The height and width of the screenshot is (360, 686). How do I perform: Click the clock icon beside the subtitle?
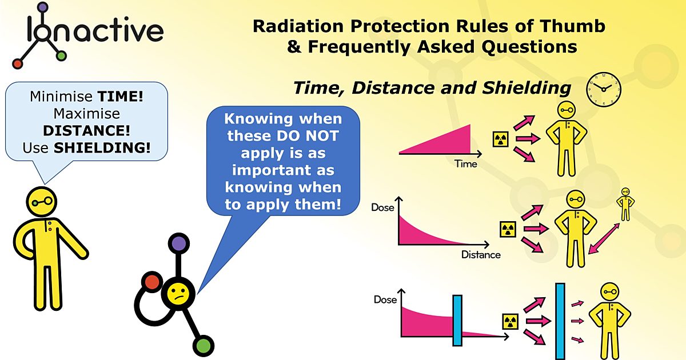604,89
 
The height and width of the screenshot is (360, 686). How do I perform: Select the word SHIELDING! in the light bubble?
102,148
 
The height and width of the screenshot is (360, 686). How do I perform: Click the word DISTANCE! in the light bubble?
87,131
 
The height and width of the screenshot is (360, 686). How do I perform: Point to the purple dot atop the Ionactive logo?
43,7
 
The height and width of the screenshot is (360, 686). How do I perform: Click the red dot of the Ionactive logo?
18,63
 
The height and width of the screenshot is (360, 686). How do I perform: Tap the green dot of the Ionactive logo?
61,56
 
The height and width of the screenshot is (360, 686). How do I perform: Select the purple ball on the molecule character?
179,243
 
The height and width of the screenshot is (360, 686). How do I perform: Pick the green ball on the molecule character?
203,346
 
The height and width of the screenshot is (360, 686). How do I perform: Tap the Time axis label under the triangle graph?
465,164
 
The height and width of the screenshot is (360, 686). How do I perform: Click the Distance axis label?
481,255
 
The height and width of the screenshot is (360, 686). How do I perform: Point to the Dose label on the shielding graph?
385,299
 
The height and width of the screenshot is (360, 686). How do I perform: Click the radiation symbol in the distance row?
508,229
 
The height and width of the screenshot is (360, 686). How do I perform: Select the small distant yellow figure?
625,204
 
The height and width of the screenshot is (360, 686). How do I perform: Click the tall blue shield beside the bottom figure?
560,321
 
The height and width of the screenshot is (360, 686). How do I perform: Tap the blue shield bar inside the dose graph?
457,320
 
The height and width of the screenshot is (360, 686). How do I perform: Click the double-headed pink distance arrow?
604,239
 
